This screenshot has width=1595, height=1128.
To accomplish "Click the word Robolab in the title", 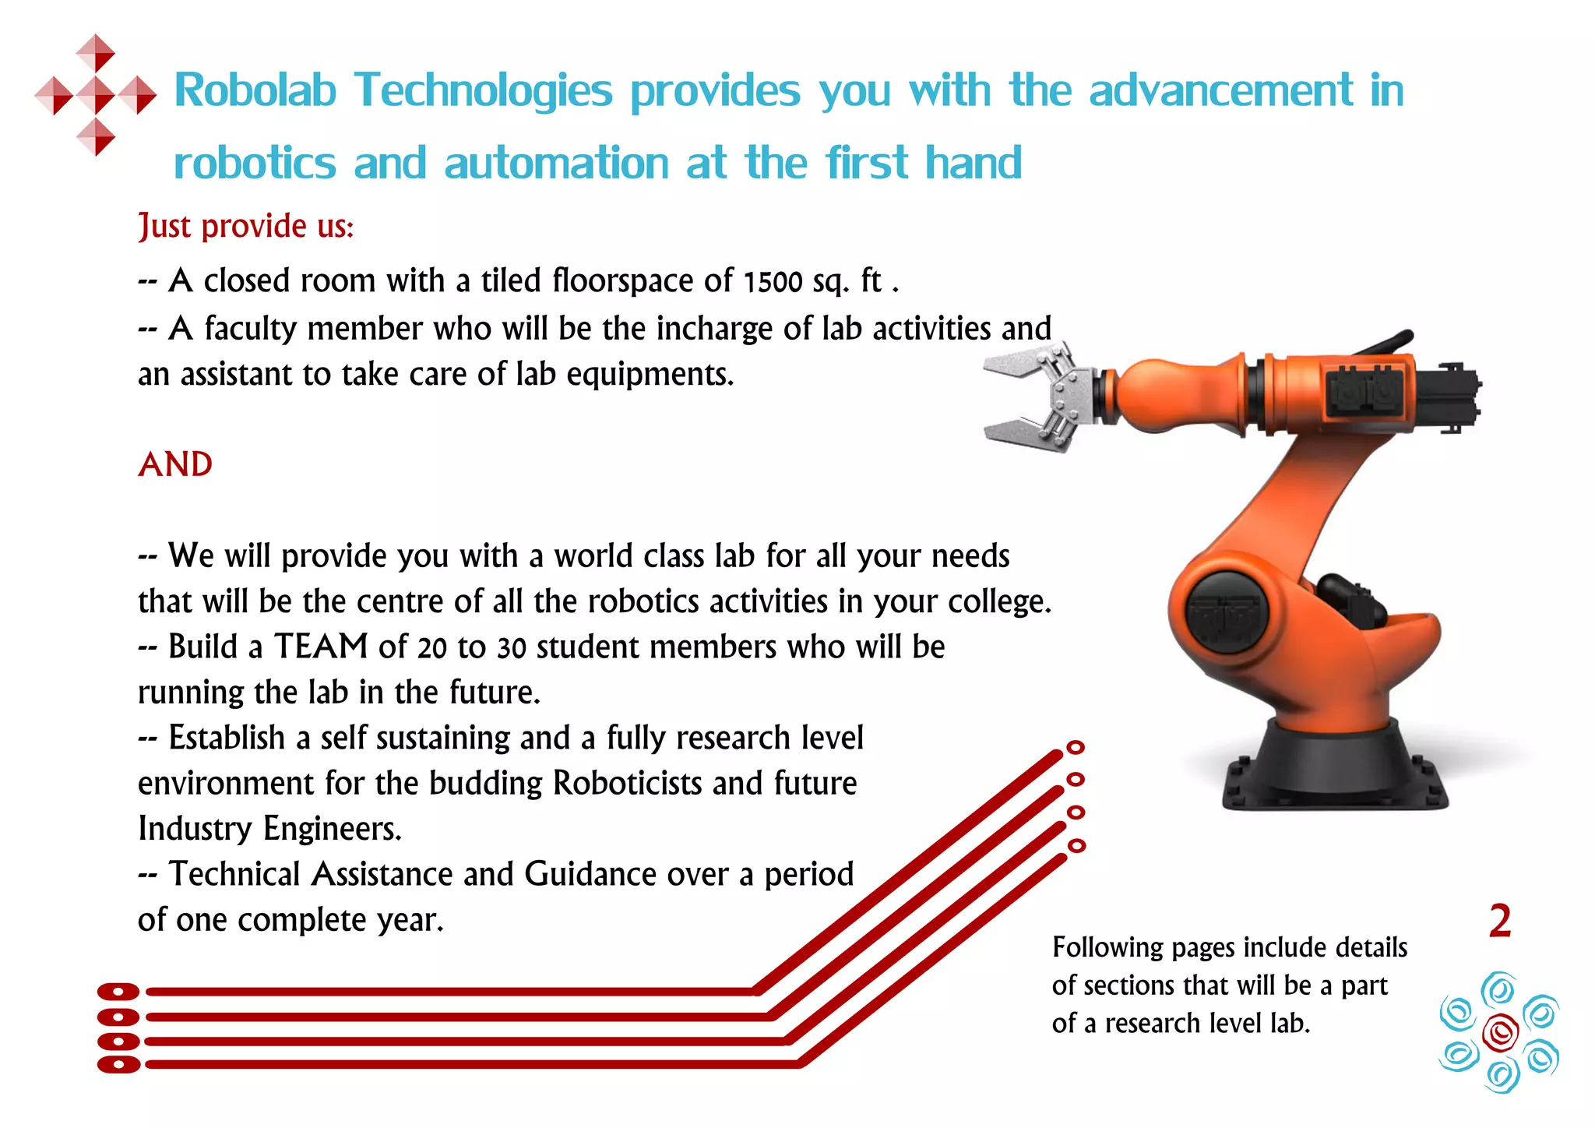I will [x=255, y=90].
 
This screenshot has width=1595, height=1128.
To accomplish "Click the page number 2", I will [x=1499, y=922].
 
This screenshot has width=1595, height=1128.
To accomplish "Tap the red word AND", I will [x=175, y=465].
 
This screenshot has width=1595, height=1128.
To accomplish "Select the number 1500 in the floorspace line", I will [x=773, y=282].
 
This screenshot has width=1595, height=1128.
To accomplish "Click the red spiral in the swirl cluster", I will [x=1500, y=1032].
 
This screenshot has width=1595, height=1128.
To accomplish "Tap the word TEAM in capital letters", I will [x=320, y=647].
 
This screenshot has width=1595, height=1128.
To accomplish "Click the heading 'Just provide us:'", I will [x=246, y=227].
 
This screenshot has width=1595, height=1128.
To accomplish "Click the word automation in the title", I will [x=556, y=164].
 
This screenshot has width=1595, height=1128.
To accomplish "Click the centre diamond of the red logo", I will [x=96, y=95].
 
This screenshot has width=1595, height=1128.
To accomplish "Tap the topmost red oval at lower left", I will [x=118, y=992].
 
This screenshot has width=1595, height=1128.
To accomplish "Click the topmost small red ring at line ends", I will [x=1076, y=748].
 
